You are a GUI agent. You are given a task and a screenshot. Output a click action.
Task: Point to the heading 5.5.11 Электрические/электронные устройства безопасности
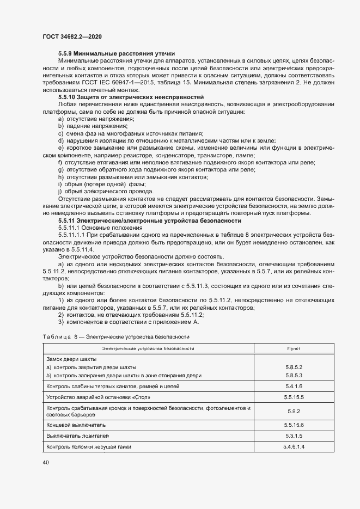click(x=149, y=221)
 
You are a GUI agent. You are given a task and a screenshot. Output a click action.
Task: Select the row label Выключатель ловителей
click(x=78, y=436)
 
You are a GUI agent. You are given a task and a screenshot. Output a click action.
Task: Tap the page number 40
click(x=46, y=462)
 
